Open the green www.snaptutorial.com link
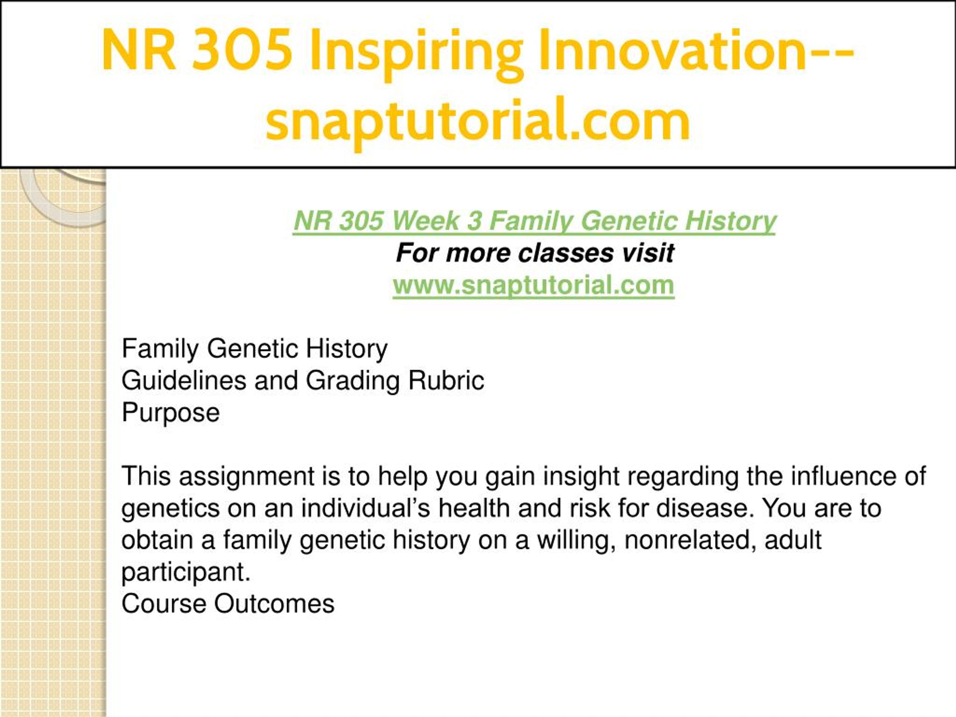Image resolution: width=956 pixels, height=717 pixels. [533, 285]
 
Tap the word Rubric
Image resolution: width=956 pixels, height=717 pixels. [446, 381]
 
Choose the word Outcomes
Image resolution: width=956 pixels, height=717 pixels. [274, 604]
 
